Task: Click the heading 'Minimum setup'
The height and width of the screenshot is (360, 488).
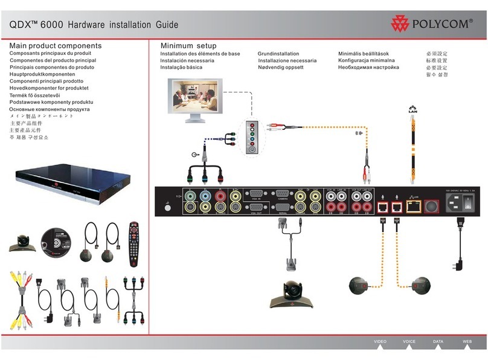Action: coord(188,46)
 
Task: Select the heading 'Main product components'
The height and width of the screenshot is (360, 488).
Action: coord(56,46)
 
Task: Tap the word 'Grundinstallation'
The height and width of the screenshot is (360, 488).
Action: coord(278,54)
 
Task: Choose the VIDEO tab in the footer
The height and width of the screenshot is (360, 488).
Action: coord(380,341)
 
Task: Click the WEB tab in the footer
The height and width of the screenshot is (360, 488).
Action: coord(467,341)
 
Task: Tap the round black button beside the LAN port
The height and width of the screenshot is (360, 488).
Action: coord(432,205)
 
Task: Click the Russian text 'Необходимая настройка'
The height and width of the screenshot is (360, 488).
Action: coord(368,68)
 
